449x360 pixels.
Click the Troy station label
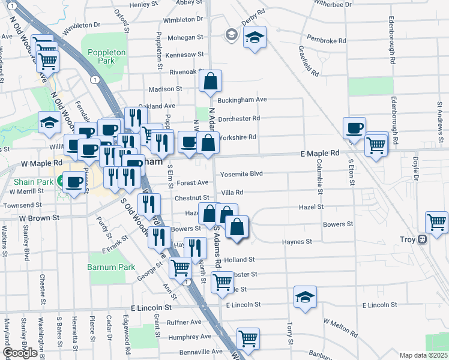[408, 239]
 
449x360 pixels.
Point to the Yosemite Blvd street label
[243, 173]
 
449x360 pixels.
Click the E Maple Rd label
[320, 154]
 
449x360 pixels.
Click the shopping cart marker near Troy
[436, 221]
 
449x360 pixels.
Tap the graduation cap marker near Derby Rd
[255, 38]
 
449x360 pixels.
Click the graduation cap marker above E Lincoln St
[305, 297]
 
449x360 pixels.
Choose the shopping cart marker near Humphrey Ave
[247, 338]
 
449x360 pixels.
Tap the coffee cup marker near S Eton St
[354, 127]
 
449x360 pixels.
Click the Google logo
[20, 353]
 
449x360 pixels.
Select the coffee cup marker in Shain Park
[74, 182]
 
